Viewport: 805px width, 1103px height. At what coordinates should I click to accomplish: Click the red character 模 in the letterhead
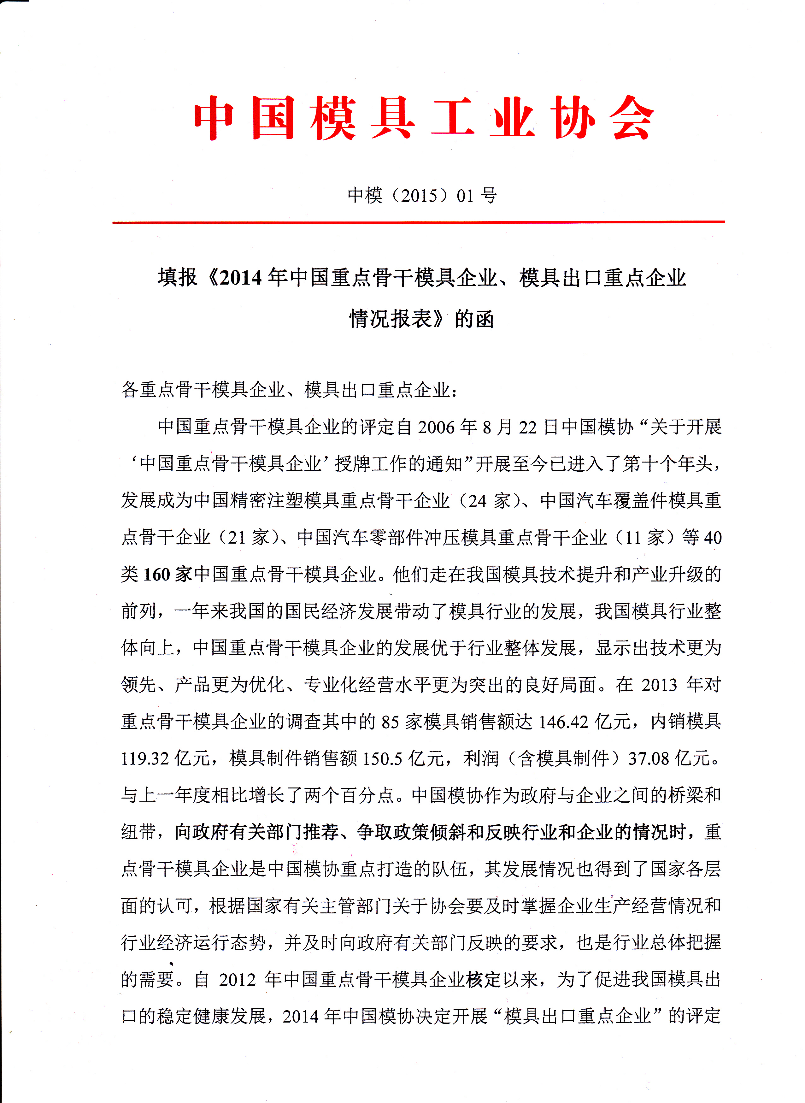pos(333,118)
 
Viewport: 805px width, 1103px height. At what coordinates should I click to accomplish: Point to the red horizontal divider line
pos(418,222)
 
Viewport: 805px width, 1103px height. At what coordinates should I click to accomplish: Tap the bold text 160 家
pos(167,575)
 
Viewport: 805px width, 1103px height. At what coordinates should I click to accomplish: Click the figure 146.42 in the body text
pos(563,722)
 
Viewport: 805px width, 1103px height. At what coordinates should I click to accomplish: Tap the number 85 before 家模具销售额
pos(390,722)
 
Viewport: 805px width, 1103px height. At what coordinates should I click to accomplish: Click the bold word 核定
pos(483,979)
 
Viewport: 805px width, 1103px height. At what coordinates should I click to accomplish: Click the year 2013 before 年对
pos(659,685)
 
